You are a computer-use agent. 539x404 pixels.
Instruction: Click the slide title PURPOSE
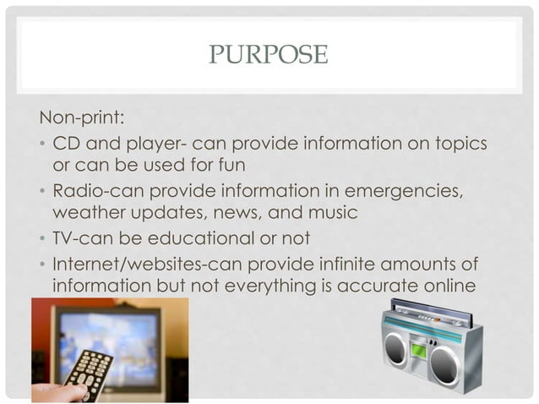click(x=267, y=56)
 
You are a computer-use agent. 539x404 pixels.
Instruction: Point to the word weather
click(x=88, y=212)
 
